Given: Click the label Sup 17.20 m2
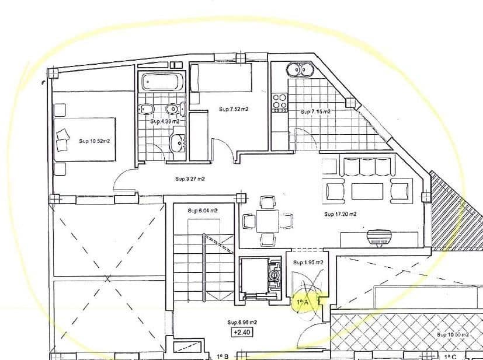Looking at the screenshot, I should [x=340, y=214].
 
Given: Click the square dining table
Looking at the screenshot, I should [x=267, y=221].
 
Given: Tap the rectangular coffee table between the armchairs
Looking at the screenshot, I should [x=367, y=191].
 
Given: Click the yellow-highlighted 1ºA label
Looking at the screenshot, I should [x=302, y=302].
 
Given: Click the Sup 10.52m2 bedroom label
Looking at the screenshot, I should [x=95, y=141].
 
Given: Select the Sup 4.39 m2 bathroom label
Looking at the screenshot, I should [x=164, y=121].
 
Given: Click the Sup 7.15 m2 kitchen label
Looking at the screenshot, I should [x=315, y=111].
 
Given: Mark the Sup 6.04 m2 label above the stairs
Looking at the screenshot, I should [x=203, y=210].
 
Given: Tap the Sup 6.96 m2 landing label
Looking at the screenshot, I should [x=242, y=322].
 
